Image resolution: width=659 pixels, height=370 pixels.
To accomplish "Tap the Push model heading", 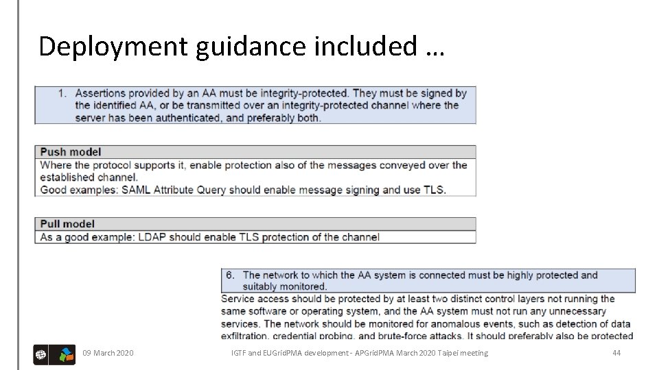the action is click(x=71, y=152).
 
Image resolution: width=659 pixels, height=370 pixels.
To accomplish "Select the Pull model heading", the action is click(x=67, y=224).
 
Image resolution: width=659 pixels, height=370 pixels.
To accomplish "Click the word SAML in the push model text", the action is click(x=137, y=190).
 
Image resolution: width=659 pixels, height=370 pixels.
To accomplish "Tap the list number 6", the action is click(x=231, y=275).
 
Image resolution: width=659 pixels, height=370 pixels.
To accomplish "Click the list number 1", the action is click(x=62, y=93).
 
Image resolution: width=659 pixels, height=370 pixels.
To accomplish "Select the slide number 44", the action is click(x=616, y=353).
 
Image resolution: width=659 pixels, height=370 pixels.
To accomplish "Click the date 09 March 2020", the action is click(x=108, y=353).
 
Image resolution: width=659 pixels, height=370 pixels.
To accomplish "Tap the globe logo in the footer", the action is click(x=41, y=354).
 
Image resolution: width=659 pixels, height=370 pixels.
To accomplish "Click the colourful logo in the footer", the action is click(x=66, y=354).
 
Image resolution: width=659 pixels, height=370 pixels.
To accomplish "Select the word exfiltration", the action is click(x=245, y=336).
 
